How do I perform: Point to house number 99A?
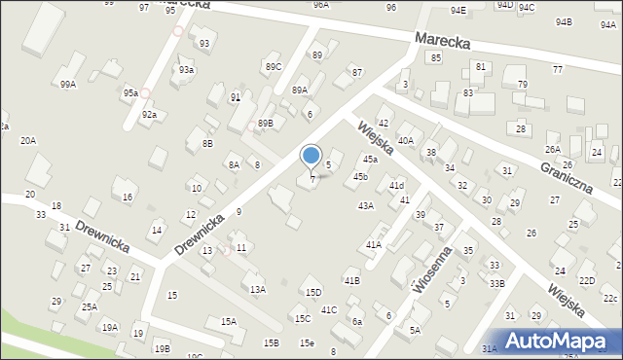point(67,85)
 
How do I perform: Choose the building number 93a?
point(186,70)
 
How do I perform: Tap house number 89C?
point(273,66)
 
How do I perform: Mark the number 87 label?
point(357,73)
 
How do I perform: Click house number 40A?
point(405,141)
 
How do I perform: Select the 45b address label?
point(360,176)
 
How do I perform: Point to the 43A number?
point(365,205)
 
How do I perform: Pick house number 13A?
point(257,289)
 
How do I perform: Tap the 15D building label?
point(312,292)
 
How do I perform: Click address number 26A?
point(553,149)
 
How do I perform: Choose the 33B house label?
point(496,283)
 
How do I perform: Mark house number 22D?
point(586,280)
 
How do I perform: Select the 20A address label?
point(28,140)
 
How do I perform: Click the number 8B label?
point(207,143)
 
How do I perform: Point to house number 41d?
point(396,185)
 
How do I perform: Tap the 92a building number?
point(148,115)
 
